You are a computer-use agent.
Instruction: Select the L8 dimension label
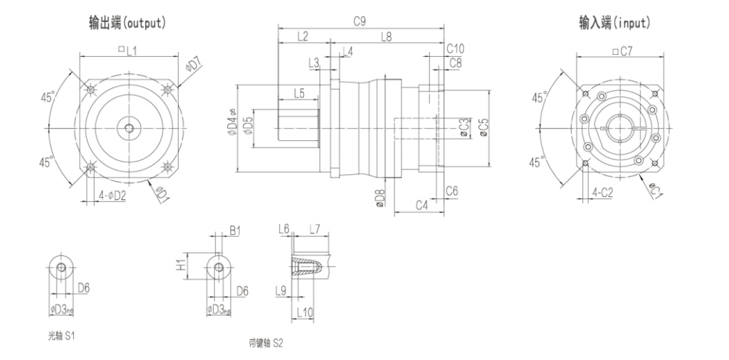point(385,36)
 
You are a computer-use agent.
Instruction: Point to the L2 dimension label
point(302,36)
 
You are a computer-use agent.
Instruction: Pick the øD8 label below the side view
point(379,197)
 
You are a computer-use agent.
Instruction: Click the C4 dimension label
point(421,206)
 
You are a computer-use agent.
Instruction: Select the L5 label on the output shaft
point(298,93)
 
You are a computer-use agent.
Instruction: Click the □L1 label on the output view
point(128,50)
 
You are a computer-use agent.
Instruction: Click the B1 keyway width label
point(235,231)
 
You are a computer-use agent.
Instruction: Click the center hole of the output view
point(128,128)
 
